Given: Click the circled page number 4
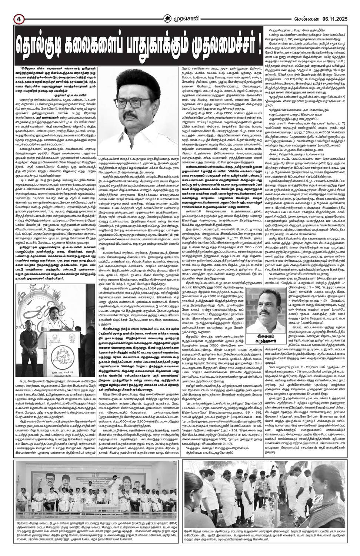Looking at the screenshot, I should click(x=8, y=8).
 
